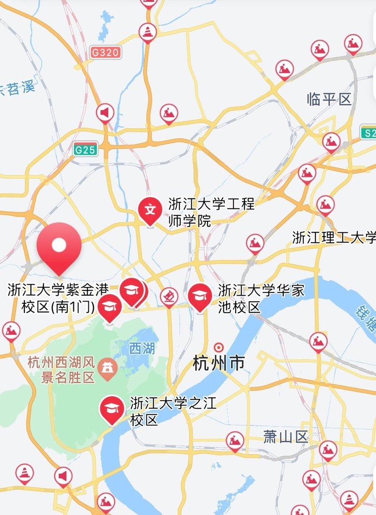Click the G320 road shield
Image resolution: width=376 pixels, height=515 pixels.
[105, 52]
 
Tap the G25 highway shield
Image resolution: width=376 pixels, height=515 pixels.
[85, 150]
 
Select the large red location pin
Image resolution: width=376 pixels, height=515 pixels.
[59, 246]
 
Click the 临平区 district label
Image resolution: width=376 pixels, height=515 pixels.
[329, 100]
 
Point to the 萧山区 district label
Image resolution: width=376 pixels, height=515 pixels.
[285, 436]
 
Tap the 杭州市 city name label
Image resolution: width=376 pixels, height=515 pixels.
[219, 363]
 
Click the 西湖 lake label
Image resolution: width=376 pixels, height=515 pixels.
[142, 348]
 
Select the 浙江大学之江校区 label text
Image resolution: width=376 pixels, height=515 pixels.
[173, 412]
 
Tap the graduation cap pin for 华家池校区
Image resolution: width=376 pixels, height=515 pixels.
[200, 296]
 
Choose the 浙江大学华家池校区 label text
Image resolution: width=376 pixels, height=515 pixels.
[261, 298]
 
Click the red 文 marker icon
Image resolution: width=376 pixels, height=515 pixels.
[150, 210]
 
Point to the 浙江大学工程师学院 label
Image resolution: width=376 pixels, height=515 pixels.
[211, 212]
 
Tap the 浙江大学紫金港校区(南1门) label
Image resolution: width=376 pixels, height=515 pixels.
[58, 298]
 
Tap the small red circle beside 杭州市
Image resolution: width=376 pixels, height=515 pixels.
[219, 347]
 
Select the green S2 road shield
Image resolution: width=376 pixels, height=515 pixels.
[369, 133]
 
